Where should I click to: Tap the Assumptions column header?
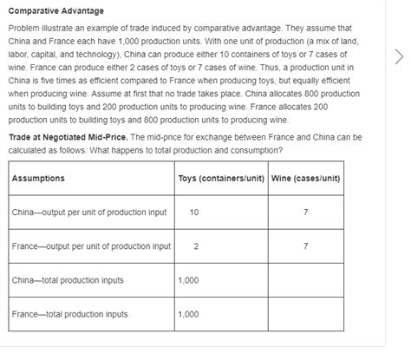[x=38, y=179]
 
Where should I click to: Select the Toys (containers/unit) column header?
[x=220, y=179]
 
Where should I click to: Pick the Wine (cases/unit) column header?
[x=305, y=179]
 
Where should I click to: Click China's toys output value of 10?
[x=193, y=213]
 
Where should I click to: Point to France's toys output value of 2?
[x=196, y=246]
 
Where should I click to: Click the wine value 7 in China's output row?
[x=305, y=213]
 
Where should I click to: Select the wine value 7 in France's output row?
[x=305, y=246]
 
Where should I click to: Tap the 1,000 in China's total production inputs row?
[x=188, y=280]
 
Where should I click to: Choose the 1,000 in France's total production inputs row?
[x=188, y=314]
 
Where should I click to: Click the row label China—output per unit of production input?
[x=89, y=213]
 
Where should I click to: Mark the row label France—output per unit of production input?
[x=91, y=246]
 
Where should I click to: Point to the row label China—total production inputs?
[x=68, y=280]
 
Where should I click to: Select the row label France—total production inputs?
[x=69, y=314]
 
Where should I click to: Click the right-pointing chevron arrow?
[x=399, y=57]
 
